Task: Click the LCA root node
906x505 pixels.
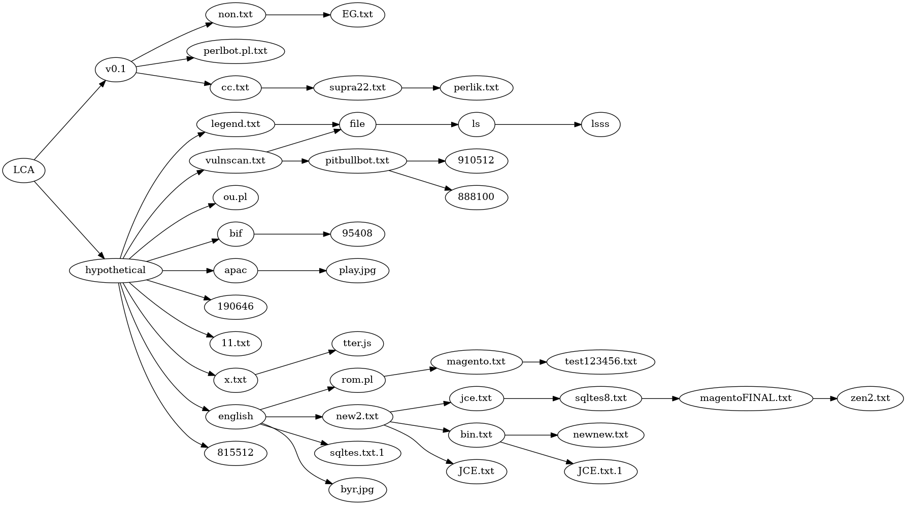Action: pyautogui.click(x=23, y=170)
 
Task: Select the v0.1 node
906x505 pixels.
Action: pyautogui.click(x=116, y=70)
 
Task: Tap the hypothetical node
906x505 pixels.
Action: pyautogui.click(x=116, y=271)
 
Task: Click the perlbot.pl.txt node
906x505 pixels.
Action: pyautogui.click(x=236, y=51)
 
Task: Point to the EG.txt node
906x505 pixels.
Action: pyautogui.click(x=357, y=15)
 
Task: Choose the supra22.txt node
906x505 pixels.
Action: pyautogui.click(x=357, y=88)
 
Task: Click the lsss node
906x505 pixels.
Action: pyautogui.click(x=600, y=124)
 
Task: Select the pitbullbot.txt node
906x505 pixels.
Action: pyautogui.click(x=357, y=161)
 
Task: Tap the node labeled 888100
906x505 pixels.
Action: pyautogui.click(x=476, y=197)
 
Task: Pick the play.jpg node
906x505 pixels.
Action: pyautogui.click(x=357, y=271)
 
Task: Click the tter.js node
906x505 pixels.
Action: pyautogui.click(x=357, y=344)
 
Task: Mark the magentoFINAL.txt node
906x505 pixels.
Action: pyautogui.click(x=746, y=398)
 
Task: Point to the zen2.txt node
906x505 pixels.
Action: pyautogui.click(x=870, y=398)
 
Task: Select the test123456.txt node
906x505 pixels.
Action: pyautogui.click(x=600, y=362)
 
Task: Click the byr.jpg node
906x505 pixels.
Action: pyautogui.click(x=357, y=490)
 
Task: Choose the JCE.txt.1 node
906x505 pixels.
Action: pyautogui.click(x=600, y=472)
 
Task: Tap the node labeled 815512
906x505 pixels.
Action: pyautogui.click(x=236, y=453)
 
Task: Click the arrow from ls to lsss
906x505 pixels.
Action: pyautogui.click(x=538, y=124)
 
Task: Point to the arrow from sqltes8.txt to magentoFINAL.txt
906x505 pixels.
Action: pyautogui.click(x=660, y=398)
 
